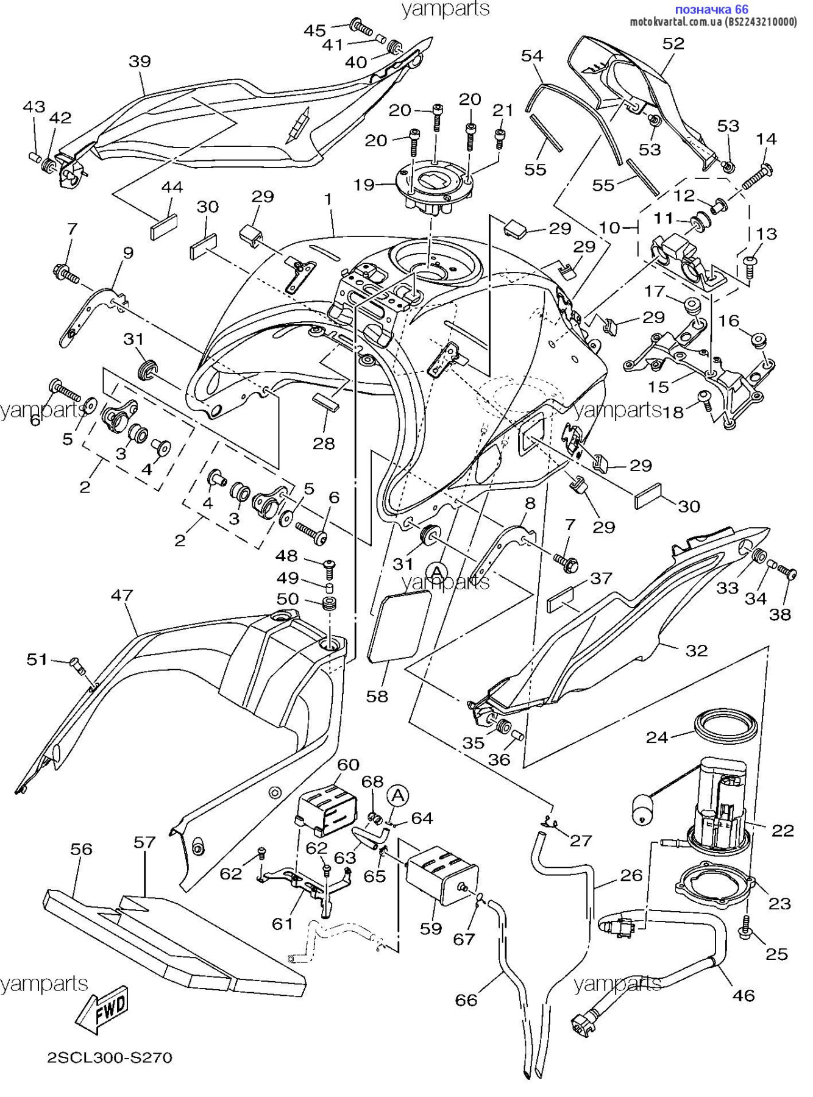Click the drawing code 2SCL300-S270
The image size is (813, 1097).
pyautogui.click(x=110, y=1057)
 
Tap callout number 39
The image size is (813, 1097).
pyautogui.click(x=140, y=62)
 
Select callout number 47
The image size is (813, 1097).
pyautogui.click(x=122, y=595)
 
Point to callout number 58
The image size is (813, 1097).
pyautogui.click(x=377, y=696)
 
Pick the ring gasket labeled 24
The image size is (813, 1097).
pyautogui.click(x=726, y=726)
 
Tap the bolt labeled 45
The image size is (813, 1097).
pyautogui.click(x=361, y=26)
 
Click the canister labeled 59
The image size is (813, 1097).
pyautogui.click(x=442, y=878)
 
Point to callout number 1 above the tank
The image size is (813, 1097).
pyautogui.click(x=328, y=199)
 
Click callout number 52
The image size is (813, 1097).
pyautogui.click(x=673, y=44)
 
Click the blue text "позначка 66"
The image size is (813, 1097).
pyautogui.click(x=711, y=9)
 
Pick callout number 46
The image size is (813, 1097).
pyautogui.click(x=743, y=995)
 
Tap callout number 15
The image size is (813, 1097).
pyautogui.click(x=658, y=386)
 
